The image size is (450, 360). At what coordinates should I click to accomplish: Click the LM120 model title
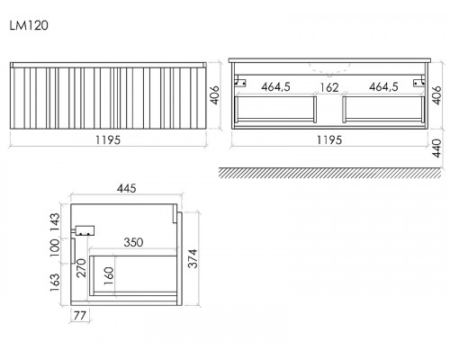(x=29, y=25)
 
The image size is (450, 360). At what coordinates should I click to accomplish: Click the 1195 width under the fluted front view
(x=108, y=140)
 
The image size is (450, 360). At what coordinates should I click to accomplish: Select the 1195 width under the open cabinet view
(x=329, y=140)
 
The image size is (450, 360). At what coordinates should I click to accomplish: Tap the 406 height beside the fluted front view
(x=214, y=95)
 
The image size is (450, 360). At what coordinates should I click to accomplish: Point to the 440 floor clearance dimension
(x=436, y=148)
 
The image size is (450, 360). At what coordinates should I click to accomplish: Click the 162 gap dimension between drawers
(x=329, y=87)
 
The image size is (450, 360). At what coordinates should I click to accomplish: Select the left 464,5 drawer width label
(x=275, y=87)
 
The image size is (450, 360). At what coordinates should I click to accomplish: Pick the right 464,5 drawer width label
(x=383, y=87)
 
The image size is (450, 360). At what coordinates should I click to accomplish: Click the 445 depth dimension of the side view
(x=127, y=188)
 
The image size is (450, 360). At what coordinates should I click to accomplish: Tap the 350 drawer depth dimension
(x=133, y=242)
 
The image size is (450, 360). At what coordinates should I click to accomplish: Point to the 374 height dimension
(x=193, y=258)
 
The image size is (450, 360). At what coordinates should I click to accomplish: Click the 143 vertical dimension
(x=55, y=221)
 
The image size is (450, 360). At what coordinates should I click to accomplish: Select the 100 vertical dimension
(x=55, y=247)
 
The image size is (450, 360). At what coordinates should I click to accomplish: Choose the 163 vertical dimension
(x=55, y=283)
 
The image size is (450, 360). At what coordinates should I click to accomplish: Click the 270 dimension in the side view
(x=81, y=268)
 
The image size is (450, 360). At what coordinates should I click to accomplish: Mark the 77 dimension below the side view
(x=80, y=316)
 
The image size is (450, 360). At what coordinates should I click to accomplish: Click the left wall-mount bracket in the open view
(x=240, y=82)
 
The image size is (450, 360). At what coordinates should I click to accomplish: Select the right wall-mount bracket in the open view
(x=419, y=82)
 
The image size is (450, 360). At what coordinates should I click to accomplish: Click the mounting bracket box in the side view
(x=85, y=230)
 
